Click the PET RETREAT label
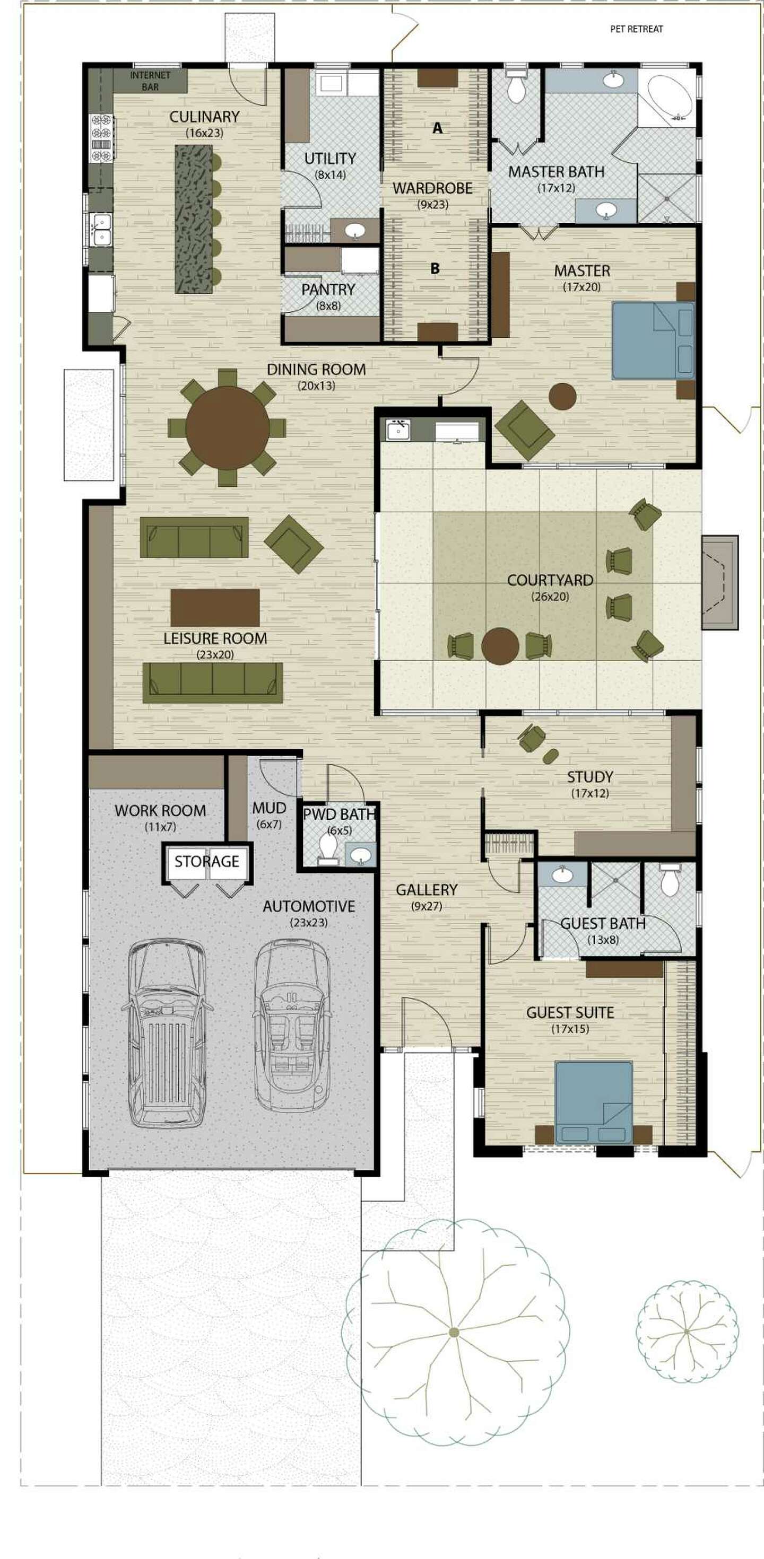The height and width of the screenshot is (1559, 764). pos(636,29)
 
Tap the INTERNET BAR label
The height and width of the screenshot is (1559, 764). pos(150,81)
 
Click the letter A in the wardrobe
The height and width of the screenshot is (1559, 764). pos(437,128)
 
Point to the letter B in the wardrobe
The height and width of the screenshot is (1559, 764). pos(435,268)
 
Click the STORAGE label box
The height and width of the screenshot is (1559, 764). pos(206,861)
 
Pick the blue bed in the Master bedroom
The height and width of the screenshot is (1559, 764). pos(653,341)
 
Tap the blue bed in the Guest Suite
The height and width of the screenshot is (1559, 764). pos(594,1102)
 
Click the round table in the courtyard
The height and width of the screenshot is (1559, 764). pos(500,646)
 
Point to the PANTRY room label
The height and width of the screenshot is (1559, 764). pos(328,290)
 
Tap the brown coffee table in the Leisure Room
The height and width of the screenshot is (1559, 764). pos(215,608)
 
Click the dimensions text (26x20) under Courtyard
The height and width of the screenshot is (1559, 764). pos(550,597)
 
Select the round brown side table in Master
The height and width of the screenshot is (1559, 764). pos(562,397)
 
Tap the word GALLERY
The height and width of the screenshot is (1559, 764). pos(426,890)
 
